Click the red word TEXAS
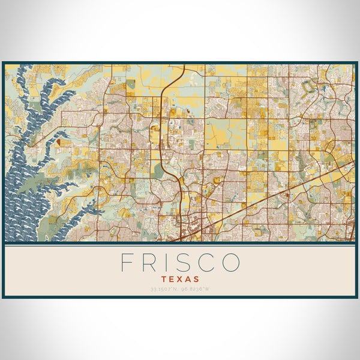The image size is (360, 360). [x=180, y=279]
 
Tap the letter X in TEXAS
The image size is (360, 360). [x=180, y=279]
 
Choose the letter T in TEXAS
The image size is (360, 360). [x=164, y=279]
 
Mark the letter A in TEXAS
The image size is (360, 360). [x=188, y=279]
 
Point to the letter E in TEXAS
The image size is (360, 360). [x=172, y=279]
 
